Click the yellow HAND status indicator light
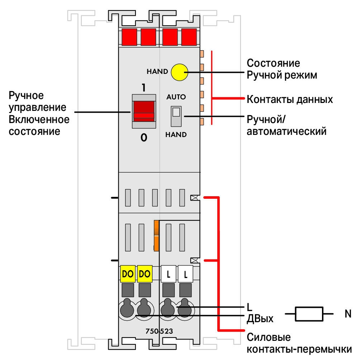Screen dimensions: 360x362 pos(179,72)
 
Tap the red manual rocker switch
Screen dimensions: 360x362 pos(144,111)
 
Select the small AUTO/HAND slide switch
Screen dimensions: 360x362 pos(176,116)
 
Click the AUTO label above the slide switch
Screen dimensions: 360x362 pos(176,97)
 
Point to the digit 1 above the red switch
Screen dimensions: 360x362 pos(144,88)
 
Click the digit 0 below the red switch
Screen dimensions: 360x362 pos(144,138)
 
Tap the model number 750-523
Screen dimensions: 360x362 pos(159,331)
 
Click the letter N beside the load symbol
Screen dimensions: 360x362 pos(348,314)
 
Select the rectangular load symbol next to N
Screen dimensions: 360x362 pos(309,314)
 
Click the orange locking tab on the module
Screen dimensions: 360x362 pos(156,235)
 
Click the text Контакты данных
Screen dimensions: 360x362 pos(290,99)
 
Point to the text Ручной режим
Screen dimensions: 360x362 pos(282,75)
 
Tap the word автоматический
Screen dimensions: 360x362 pos(286,131)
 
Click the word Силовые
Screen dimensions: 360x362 pos(269,337)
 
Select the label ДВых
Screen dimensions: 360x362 pos(260,319)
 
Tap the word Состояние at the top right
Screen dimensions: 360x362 pos(273,63)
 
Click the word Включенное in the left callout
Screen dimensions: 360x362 pos(39,119)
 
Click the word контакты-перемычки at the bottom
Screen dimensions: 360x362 pos(299,349)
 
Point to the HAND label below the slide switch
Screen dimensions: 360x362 pos(176,135)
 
